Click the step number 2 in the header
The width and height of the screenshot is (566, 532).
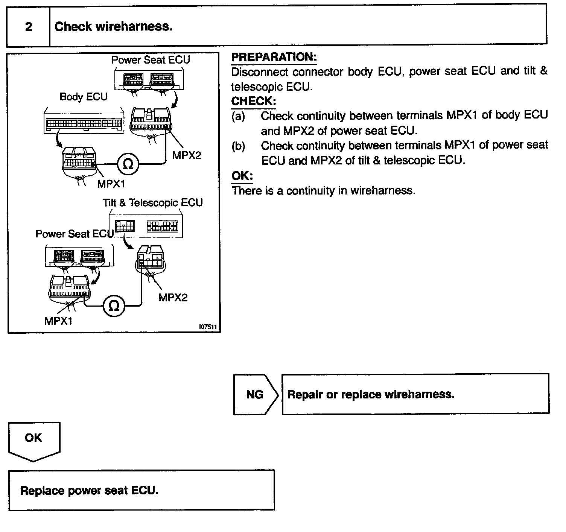click(29, 27)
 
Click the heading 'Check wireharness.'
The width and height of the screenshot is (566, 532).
click(113, 27)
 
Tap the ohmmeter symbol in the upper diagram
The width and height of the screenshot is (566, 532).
click(128, 164)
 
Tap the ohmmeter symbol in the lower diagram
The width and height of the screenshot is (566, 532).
click(114, 306)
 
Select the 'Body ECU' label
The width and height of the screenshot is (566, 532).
click(84, 97)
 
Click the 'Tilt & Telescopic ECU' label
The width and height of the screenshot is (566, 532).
click(152, 203)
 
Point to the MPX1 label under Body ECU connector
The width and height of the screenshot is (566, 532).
click(111, 184)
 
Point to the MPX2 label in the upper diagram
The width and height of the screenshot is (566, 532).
click(187, 155)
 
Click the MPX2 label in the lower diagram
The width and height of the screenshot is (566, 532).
click(173, 298)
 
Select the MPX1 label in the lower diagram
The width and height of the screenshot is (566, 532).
click(58, 321)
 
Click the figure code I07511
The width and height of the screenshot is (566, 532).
click(208, 327)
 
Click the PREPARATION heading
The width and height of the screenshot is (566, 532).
click(274, 57)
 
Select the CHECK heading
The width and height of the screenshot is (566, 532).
click(254, 101)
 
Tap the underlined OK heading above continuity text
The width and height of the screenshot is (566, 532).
click(242, 176)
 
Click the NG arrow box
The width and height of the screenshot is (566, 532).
click(255, 394)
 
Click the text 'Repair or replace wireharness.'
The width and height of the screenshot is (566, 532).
click(371, 394)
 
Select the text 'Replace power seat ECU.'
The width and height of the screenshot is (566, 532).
click(89, 491)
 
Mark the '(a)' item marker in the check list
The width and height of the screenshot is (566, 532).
click(238, 116)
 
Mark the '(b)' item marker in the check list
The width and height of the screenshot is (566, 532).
click(238, 146)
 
